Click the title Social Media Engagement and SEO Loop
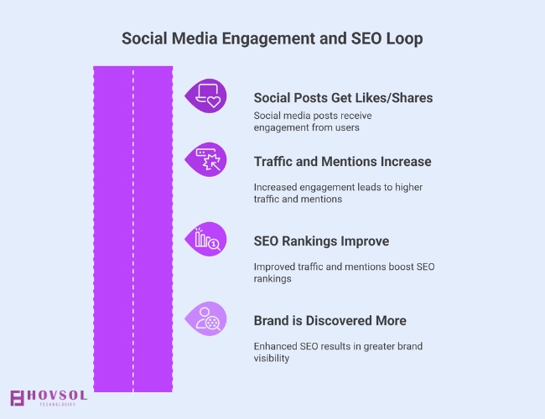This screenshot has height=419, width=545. (272, 39)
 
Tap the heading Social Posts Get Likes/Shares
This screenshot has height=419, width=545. (343, 98)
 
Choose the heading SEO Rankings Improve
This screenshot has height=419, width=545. (321, 241)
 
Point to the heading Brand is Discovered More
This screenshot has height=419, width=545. (330, 320)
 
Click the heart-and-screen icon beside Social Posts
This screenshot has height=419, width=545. (206, 96)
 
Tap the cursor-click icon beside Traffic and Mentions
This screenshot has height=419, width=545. (206, 160)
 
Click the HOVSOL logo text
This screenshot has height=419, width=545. (55, 395)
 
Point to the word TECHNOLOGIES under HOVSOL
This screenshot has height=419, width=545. (57, 405)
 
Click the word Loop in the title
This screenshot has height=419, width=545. (404, 39)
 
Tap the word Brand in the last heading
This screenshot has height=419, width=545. (273, 320)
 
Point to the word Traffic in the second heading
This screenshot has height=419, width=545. (274, 162)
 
